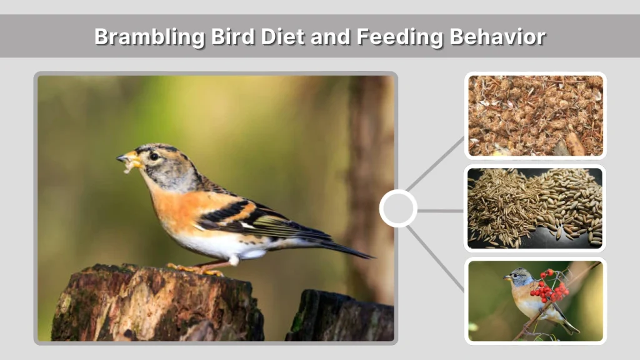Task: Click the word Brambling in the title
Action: (x=149, y=36)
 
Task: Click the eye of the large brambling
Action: (x=154, y=156)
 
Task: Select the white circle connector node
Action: (x=398, y=208)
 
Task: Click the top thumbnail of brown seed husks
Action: (x=535, y=116)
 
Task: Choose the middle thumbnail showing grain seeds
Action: (x=535, y=208)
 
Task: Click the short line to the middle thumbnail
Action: (x=440, y=211)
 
